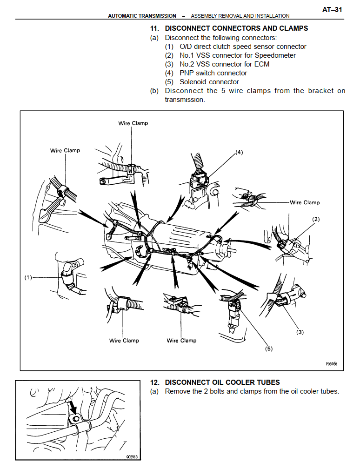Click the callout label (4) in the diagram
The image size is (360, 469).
[x=240, y=152]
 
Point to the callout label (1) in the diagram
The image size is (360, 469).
[x=28, y=278]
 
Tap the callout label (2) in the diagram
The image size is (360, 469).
[x=316, y=219]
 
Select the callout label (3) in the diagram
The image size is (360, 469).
[x=300, y=332]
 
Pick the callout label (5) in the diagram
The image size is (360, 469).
[x=268, y=349]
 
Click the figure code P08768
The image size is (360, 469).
[x=332, y=364]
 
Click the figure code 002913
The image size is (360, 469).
[x=132, y=456]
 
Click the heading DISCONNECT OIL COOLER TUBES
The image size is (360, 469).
[x=222, y=382]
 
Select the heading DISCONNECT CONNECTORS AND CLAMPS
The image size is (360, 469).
[x=236, y=28]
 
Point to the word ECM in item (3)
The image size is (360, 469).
[x=261, y=64]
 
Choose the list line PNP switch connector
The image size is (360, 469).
[x=213, y=73]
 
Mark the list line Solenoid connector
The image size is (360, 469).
[x=209, y=82]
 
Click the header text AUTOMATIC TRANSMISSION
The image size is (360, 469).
[x=142, y=16]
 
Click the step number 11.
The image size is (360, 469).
[x=155, y=28]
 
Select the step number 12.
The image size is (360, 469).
[x=155, y=382]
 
